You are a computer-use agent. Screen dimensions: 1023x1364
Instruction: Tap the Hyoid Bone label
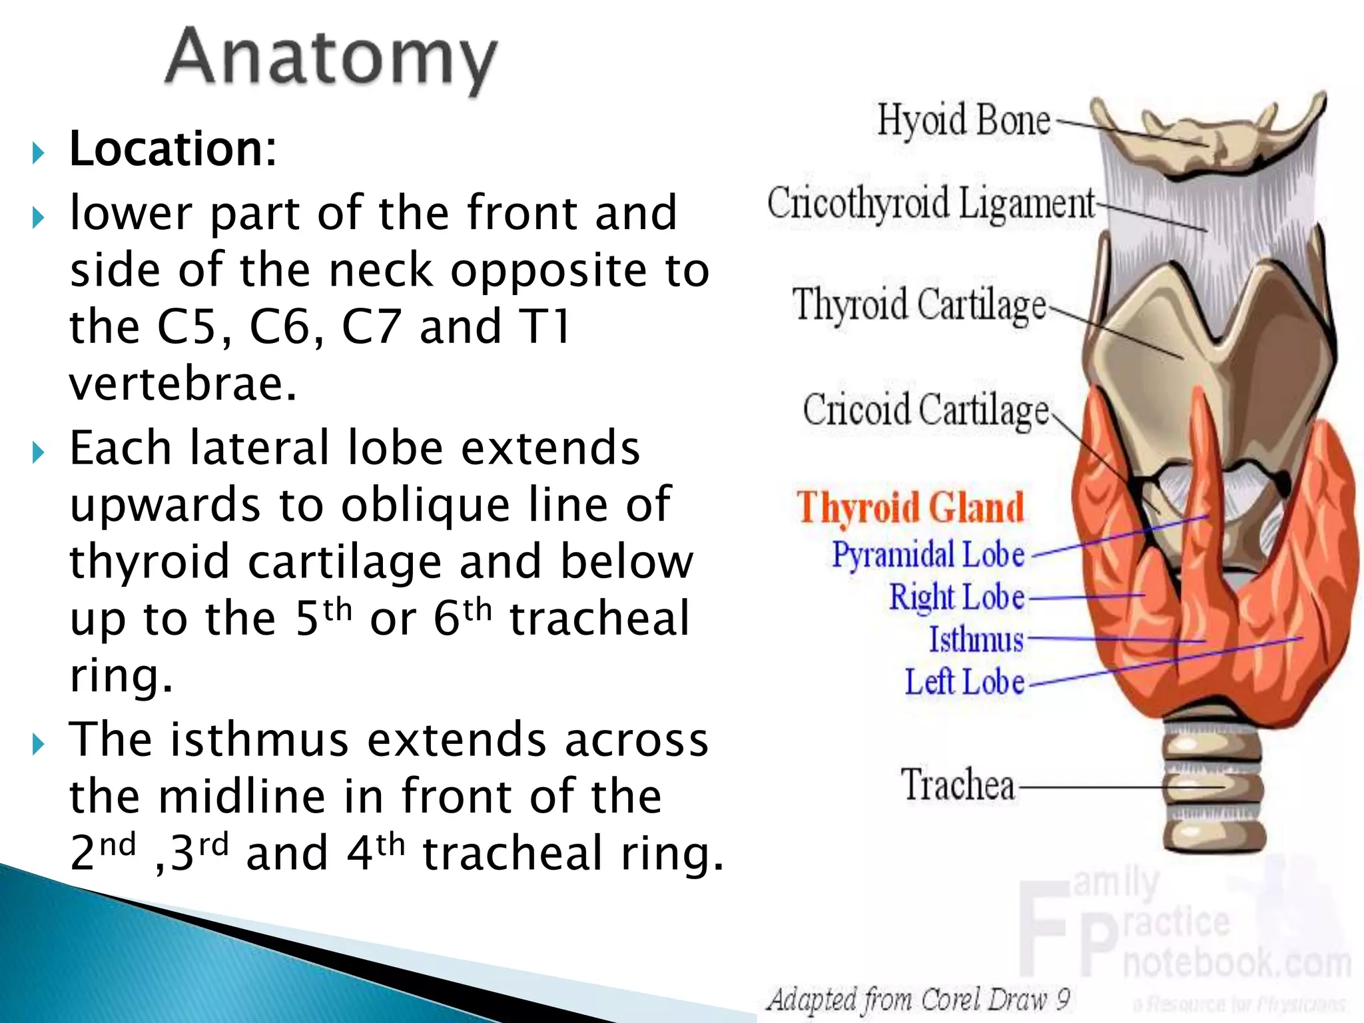pyautogui.click(x=963, y=121)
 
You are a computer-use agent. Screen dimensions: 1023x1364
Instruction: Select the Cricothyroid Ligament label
pyautogui.click(x=930, y=203)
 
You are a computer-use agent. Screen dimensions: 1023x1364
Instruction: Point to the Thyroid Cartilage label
pyautogui.click(x=919, y=306)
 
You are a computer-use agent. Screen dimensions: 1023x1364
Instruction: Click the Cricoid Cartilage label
pyautogui.click(x=926, y=410)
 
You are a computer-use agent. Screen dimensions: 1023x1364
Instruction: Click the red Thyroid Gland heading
pyautogui.click(x=910, y=509)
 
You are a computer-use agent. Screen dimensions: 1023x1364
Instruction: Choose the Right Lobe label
pyautogui.click(x=957, y=597)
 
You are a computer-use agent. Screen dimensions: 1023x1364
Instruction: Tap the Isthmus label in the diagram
pyautogui.click(x=976, y=640)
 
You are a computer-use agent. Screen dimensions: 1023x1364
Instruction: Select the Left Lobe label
pyautogui.click(x=964, y=683)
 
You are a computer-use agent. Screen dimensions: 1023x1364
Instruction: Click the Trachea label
pyautogui.click(x=958, y=786)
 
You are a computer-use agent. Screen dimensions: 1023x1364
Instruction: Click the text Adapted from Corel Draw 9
pyautogui.click(x=918, y=1000)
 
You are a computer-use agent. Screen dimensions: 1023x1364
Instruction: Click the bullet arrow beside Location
pyautogui.click(x=38, y=154)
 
